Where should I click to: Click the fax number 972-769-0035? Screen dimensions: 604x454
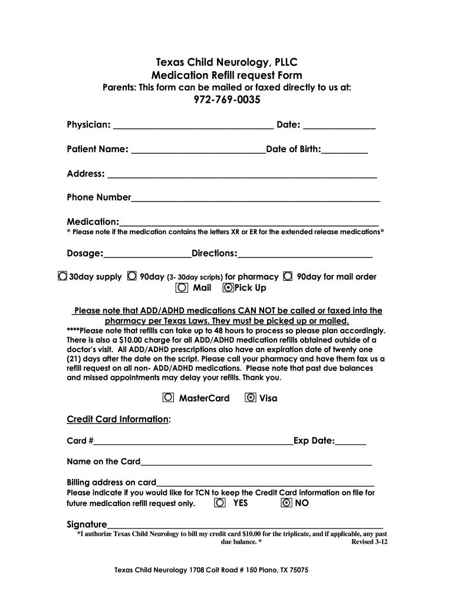click(x=227, y=100)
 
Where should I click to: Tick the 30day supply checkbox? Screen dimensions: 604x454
click(x=62, y=276)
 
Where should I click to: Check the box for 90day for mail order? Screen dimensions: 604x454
click(x=288, y=276)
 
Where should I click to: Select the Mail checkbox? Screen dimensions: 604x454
click(x=182, y=288)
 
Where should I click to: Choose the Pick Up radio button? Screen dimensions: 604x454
click(x=228, y=288)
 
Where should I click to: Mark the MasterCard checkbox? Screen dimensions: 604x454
click(x=169, y=398)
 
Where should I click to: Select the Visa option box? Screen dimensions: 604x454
click(x=250, y=398)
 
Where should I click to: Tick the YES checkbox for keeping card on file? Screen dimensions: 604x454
click(x=220, y=503)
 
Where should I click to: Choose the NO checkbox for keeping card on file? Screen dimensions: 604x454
click(x=286, y=503)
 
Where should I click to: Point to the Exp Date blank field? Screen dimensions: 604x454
click(x=351, y=442)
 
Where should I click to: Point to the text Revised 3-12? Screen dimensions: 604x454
click(x=369, y=541)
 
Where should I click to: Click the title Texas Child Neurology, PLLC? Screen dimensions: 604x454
click(x=227, y=62)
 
